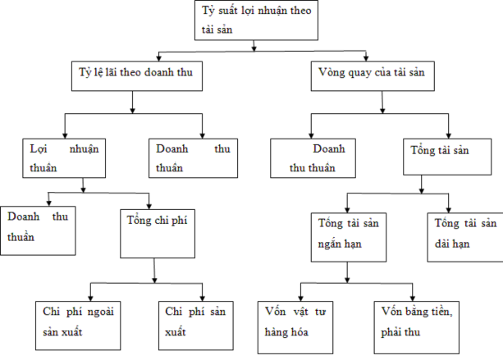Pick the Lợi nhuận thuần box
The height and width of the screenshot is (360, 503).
[x=63, y=158]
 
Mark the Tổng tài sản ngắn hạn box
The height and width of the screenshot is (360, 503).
[x=348, y=236]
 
